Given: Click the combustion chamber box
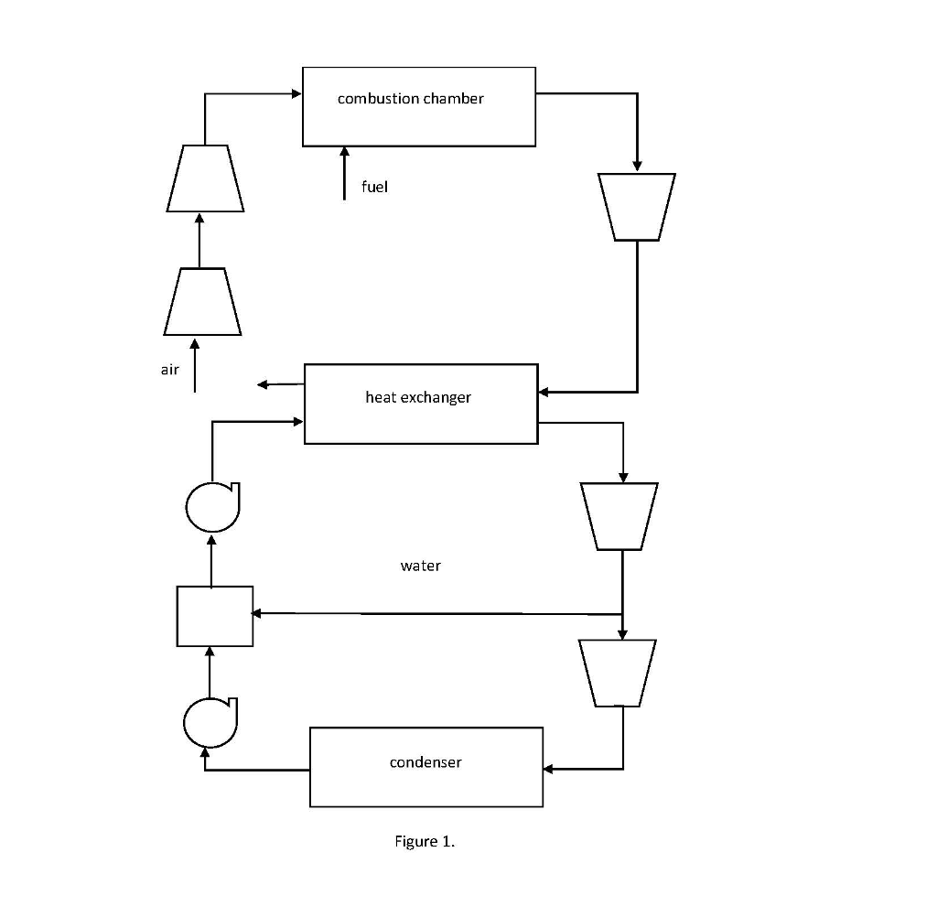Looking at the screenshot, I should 418,106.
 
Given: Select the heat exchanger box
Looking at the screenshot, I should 421,404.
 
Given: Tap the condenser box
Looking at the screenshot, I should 425,767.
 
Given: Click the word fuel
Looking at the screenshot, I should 374,187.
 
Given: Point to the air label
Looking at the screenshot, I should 169,370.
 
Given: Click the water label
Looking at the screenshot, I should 420,566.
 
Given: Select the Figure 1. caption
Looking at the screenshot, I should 425,842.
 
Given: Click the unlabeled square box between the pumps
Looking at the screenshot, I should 215,616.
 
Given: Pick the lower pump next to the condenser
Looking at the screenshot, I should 210,723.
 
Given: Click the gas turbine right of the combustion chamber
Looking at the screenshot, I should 637,207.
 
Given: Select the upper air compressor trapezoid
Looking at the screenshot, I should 205,178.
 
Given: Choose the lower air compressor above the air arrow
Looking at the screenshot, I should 203,301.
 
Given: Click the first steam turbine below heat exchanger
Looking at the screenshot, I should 619,516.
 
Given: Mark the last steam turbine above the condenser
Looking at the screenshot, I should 618,673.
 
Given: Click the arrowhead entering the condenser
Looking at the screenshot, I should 549,769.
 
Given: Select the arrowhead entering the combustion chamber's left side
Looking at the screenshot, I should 296,93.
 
